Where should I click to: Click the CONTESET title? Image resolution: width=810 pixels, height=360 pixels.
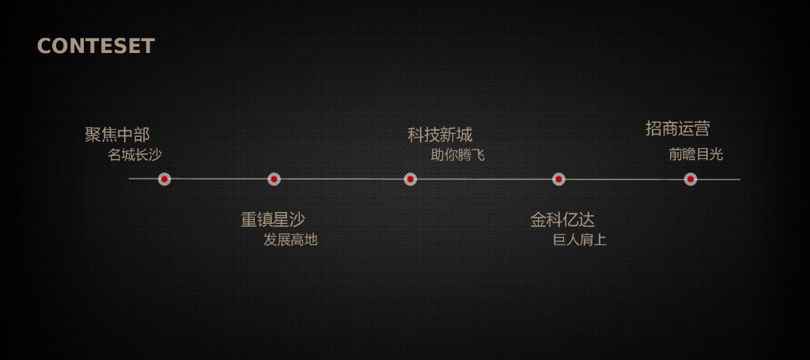(x=96, y=46)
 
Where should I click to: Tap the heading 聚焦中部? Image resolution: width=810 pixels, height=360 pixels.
(x=117, y=135)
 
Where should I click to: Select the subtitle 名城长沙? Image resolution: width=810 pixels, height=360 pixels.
(x=134, y=154)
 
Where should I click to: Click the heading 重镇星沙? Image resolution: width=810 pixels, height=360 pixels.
(x=273, y=219)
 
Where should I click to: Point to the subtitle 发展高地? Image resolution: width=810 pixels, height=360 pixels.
(x=290, y=239)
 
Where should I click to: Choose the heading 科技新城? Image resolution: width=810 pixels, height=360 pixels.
(x=440, y=135)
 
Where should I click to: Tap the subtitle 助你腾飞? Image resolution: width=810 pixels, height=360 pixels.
(x=457, y=154)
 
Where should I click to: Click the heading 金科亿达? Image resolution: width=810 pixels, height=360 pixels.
(x=562, y=219)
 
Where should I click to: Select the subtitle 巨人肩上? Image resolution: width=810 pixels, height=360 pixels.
(x=580, y=239)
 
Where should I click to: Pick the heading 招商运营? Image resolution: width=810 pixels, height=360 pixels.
(x=678, y=128)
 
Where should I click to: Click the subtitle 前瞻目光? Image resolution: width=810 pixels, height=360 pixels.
(x=695, y=154)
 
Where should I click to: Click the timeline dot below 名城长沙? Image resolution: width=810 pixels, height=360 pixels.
(x=165, y=180)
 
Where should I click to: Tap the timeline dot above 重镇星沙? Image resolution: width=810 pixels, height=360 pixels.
(x=274, y=180)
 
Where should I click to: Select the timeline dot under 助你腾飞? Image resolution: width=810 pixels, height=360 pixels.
(x=411, y=180)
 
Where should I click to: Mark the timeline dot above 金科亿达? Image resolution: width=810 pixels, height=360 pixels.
(x=558, y=180)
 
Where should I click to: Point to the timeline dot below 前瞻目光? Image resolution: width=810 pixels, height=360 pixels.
(x=691, y=180)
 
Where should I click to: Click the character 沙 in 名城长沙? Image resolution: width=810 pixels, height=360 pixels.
(x=155, y=154)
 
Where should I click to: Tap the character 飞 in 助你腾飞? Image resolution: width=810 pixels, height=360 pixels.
(x=478, y=154)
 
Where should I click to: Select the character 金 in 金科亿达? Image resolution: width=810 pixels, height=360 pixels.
(x=539, y=219)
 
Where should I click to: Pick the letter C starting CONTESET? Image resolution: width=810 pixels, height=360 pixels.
(x=44, y=46)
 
